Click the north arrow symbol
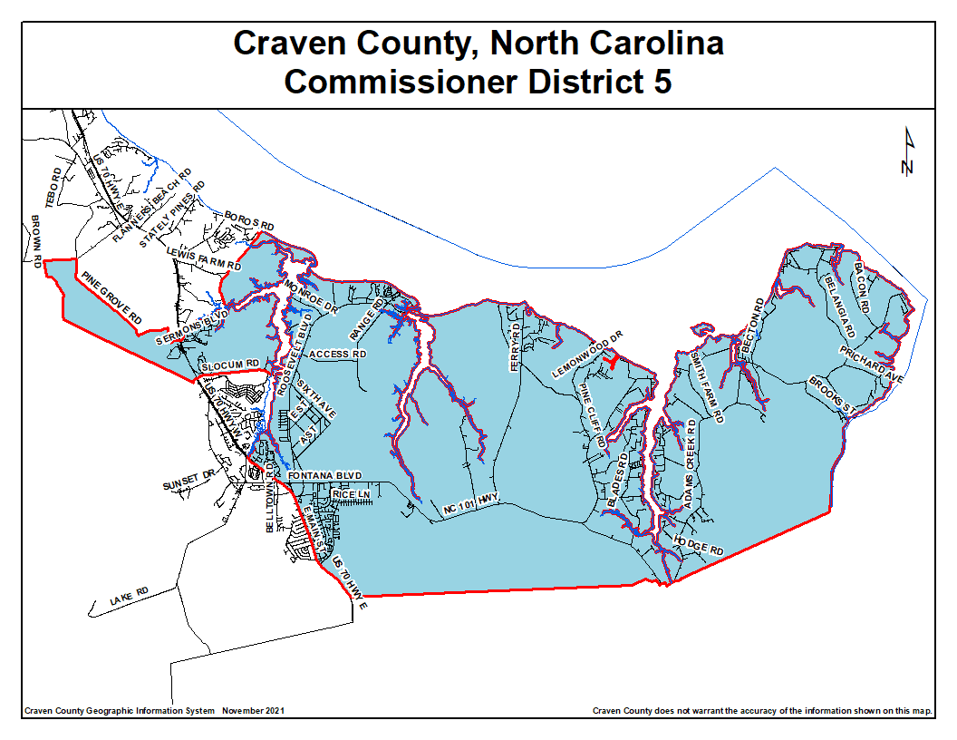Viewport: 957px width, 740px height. click(x=908, y=151)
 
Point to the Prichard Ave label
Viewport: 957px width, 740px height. click(x=871, y=364)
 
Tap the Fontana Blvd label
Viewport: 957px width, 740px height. click(x=324, y=476)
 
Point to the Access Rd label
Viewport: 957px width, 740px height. click(x=337, y=354)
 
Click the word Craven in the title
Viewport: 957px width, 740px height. click(x=287, y=43)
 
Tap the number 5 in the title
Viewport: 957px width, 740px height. click(x=662, y=82)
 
